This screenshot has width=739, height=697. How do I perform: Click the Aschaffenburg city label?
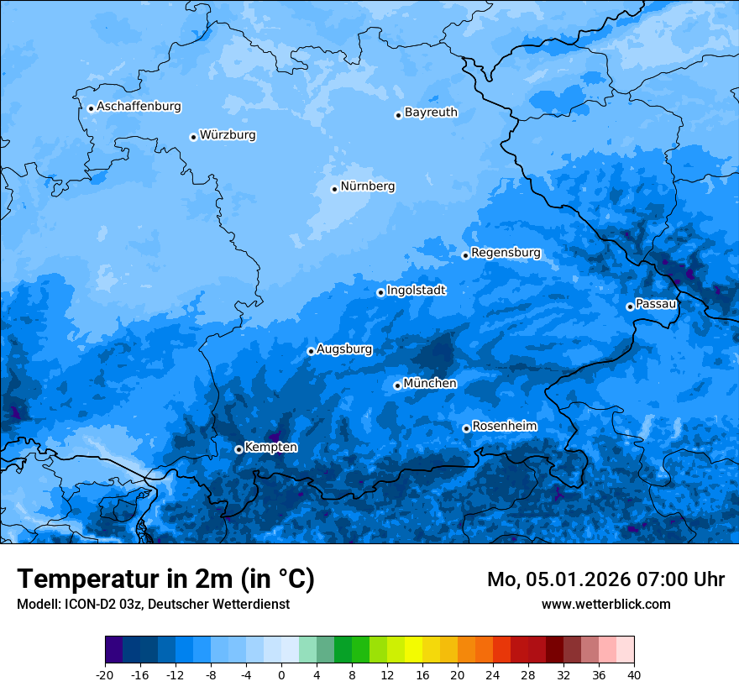click(139, 107)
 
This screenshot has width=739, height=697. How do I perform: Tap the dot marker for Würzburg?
click(193, 137)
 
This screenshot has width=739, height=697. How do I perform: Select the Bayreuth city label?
click(431, 112)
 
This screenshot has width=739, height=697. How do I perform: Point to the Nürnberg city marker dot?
click(334, 189)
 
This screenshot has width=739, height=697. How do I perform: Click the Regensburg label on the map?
click(506, 252)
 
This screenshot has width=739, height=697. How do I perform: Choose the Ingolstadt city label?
click(416, 290)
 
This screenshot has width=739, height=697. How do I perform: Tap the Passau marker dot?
click(630, 307)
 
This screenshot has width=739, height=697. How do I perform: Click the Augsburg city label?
click(344, 348)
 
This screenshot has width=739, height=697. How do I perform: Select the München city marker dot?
click(397, 386)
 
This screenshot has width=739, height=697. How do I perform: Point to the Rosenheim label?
click(504, 426)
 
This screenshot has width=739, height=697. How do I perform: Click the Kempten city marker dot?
click(238, 449)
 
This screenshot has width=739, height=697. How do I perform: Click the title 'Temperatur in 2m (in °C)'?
click(165, 579)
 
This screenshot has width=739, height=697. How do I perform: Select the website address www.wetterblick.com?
click(605, 604)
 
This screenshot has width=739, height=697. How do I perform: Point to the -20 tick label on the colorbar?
click(105, 674)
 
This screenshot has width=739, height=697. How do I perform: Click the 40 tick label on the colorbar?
click(634, 674)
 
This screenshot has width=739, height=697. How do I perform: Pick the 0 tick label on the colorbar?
click(281, 674)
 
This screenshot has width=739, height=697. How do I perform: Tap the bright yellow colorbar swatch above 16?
click(413, 650)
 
